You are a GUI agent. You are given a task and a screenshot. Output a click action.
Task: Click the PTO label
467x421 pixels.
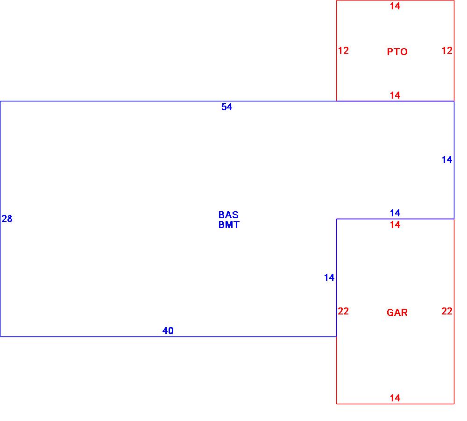tap(397, 52)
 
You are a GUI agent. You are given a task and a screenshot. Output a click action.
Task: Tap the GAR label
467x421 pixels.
tap(397, 313)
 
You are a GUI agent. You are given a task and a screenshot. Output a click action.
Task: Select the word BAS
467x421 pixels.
tap(228, 215)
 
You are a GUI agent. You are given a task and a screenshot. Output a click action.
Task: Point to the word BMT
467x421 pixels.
tap(228, 225)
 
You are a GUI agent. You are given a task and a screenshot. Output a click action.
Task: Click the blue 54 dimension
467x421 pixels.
tap(226, 107)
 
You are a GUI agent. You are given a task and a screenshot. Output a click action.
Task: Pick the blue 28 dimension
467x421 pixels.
tap(7, 219)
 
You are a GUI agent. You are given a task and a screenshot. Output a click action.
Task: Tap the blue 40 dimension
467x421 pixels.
tap(168, 331)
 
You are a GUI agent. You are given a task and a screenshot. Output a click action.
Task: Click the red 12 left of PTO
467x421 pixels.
tap(343, 50)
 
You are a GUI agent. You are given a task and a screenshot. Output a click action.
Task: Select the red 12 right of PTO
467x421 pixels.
tap(447, 50)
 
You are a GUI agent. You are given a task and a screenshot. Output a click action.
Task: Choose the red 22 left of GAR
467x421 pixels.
tap(343, 311)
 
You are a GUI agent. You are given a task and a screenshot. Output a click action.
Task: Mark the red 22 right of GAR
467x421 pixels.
tap(447, 311)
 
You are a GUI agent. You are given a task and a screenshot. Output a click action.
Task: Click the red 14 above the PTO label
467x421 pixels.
tap(395, 6)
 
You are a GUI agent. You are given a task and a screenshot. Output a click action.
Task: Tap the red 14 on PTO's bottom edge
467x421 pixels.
tap(395, 95)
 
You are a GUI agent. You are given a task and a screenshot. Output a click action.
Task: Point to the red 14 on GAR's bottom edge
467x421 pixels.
tap(395, 398)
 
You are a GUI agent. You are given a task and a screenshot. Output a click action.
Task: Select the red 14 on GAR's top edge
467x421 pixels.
tap(395, 225)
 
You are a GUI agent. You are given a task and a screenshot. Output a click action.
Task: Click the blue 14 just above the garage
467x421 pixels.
tap(395, 213)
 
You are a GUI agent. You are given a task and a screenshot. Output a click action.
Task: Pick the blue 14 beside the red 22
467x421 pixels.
tap(329, 278)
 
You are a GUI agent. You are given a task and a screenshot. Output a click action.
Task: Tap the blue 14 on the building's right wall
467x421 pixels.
tap(447, 160)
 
